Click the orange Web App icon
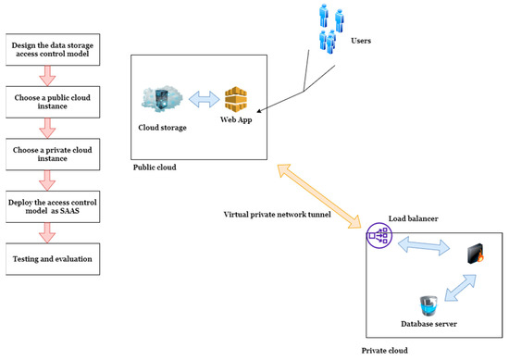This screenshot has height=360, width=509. tap(238, 97)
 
